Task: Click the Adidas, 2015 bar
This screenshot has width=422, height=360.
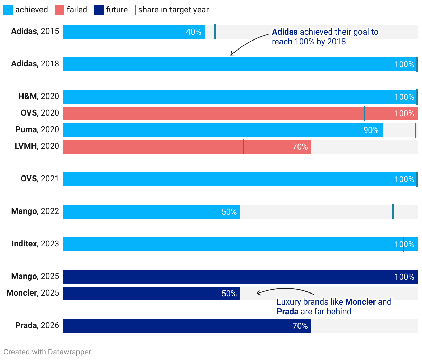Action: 134,32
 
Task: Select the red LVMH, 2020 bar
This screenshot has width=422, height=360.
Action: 187,147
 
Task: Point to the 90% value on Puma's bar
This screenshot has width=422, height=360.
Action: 371,130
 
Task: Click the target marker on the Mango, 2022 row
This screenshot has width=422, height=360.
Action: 393,212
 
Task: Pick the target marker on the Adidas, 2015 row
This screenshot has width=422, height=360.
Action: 215,32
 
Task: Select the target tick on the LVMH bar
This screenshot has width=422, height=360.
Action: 244,147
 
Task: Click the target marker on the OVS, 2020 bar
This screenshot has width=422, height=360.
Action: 365,114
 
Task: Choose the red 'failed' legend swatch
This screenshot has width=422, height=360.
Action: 59,10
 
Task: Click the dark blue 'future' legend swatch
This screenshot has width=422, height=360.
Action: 99,10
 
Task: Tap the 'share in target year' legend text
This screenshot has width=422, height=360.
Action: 173,10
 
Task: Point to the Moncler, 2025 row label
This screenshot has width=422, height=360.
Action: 33,293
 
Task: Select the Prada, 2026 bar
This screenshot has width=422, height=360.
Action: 187,326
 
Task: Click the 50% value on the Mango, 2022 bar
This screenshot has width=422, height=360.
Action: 229,212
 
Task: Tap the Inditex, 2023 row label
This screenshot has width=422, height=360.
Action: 35,244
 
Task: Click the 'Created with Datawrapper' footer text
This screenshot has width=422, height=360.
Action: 47,352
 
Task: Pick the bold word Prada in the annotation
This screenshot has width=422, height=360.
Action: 287,312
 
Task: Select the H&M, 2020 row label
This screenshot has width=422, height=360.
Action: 39,96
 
